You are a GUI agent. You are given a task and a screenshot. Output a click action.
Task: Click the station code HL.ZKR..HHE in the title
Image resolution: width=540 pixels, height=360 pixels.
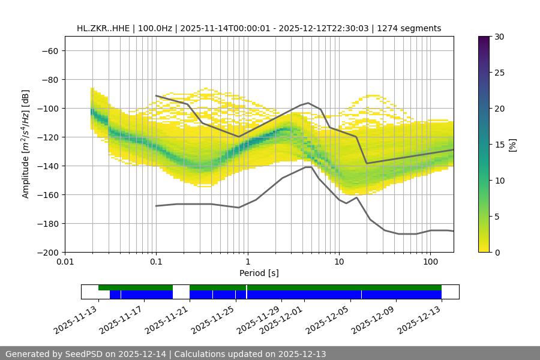click(104, 28)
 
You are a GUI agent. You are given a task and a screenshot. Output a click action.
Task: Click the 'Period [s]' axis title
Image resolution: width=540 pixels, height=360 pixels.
click(259, 273)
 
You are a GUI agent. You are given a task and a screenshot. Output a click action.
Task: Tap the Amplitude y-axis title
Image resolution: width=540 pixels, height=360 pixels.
click(26, 144)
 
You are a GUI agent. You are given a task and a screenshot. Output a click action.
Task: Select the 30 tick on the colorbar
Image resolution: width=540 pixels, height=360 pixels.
click(499, 37)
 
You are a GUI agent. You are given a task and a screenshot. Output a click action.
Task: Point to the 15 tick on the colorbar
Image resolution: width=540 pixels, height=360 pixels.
click(499, 144)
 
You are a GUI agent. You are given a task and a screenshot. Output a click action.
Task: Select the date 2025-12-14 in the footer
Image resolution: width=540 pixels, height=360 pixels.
click(145, 354)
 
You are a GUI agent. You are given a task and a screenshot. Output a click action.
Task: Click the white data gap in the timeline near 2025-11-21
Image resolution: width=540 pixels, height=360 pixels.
click(181, 292)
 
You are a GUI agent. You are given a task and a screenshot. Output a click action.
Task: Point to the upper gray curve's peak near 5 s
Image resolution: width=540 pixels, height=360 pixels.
click(308, 103)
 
